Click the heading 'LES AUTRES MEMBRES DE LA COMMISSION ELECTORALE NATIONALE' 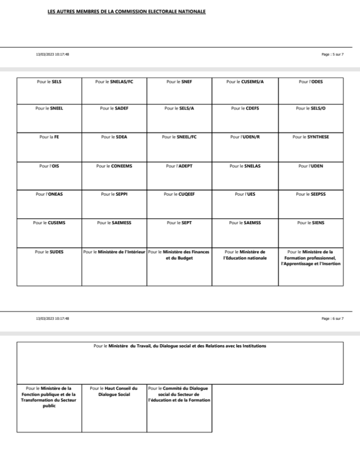click(x=126, y=10)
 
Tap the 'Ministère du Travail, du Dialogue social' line click(x=179, y=346)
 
